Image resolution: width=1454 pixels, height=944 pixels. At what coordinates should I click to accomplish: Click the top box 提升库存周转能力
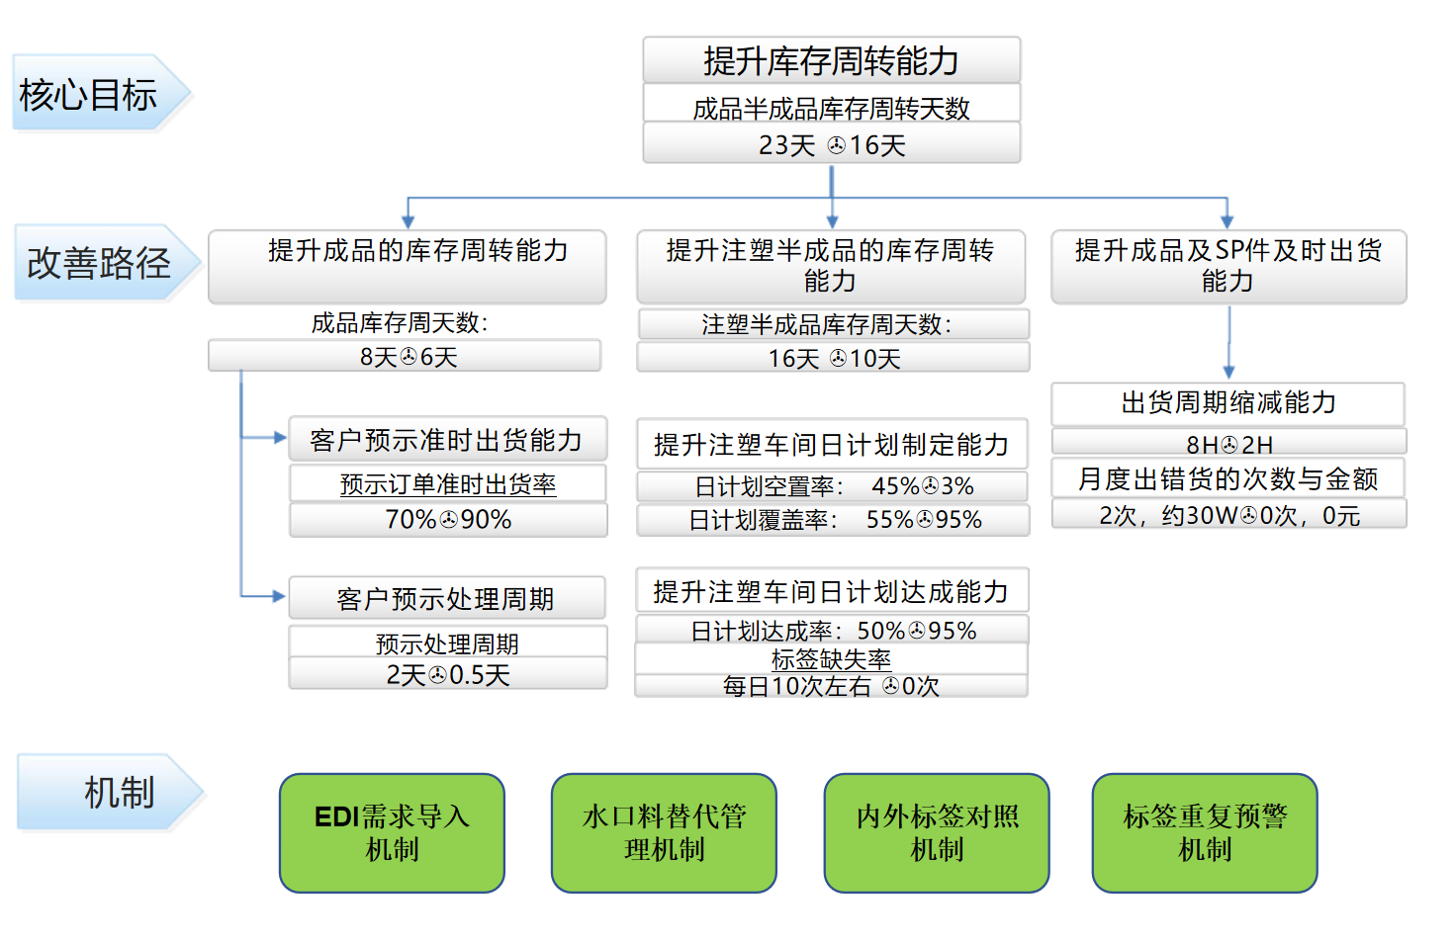[x=831, y=60]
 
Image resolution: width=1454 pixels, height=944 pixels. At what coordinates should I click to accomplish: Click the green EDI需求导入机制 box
[x=392, y=832]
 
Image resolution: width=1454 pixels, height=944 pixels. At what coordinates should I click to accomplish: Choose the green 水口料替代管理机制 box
[x=664, y=832]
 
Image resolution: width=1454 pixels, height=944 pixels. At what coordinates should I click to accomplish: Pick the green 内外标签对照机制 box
[x=937, y=832]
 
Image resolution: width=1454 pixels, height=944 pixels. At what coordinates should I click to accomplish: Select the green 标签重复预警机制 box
[x=1205, y=832]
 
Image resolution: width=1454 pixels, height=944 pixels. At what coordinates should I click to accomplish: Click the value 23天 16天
[x=831, y=144]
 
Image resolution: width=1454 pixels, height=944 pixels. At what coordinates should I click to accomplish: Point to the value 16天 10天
[x=833, y=358]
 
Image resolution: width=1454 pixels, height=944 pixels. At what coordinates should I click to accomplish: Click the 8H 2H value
[x=1228, y=444]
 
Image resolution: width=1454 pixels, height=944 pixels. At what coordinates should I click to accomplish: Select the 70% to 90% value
[x=448, y=519]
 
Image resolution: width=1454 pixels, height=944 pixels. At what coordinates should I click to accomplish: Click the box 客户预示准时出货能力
[x=447, y=440]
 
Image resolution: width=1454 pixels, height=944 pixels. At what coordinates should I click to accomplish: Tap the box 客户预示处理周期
[x=446, y=599]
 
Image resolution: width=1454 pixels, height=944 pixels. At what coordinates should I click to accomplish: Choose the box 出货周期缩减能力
[x=1227, y=402]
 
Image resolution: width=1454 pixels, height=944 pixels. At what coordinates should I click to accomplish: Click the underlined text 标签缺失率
[x=831, y=658]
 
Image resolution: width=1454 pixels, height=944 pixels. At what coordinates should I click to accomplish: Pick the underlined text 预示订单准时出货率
[x=448, y=483]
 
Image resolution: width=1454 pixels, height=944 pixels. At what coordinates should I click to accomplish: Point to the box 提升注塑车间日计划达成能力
[x=831, y=591]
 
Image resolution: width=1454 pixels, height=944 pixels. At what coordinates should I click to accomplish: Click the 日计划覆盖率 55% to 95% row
[x=833, y=520]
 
